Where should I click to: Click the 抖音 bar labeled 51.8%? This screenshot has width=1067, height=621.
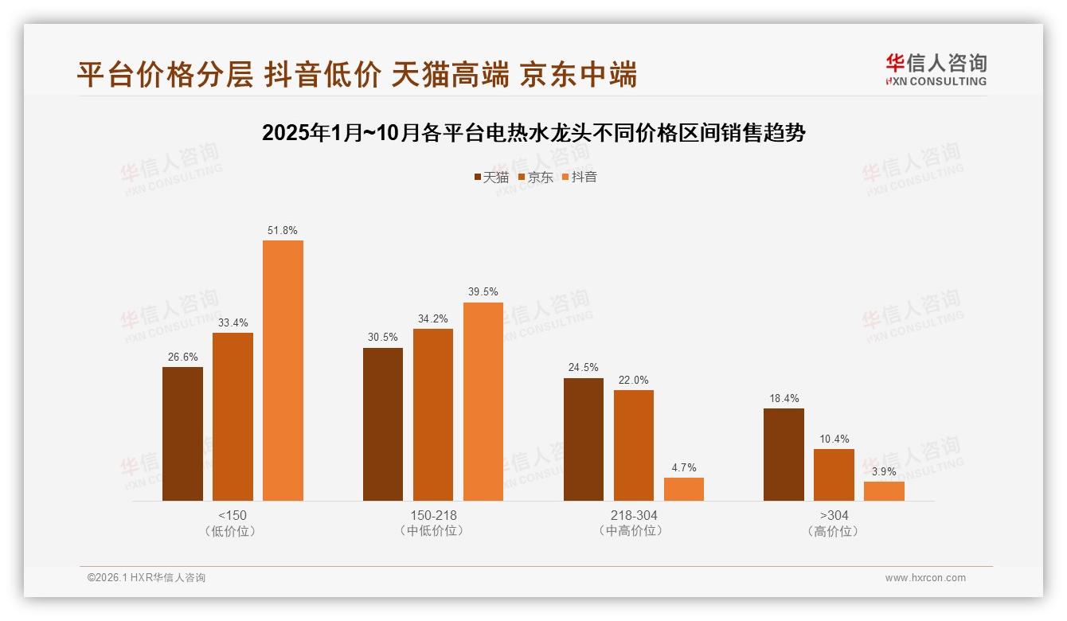coord(283,370)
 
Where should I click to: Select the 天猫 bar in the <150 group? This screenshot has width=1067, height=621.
coord(182,434)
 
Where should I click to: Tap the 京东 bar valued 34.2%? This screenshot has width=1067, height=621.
coord(432,415)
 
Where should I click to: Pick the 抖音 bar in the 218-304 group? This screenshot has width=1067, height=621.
coord(684,489)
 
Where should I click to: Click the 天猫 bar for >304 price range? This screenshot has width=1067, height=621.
coord(784,455)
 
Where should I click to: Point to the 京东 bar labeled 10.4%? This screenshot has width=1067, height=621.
coord(834,475)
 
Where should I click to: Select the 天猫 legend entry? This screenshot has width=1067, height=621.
coord(491,178)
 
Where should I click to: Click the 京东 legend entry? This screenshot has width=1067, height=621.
coord(536,178)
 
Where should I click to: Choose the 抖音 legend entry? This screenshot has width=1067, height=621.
coord(580,178)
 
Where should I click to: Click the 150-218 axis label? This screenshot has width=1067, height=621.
coord(432,516)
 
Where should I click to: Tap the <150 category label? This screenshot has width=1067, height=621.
coord(232,516)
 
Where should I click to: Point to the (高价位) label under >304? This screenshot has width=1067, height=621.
coord(833,531)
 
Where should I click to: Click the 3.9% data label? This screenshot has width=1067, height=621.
coord(884,471)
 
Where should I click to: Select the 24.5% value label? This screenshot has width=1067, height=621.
coord(584,368)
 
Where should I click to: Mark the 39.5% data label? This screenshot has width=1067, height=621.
coord(483,292)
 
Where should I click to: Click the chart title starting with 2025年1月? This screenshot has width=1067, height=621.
coord(533,133)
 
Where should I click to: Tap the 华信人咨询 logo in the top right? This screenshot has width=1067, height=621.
coord(936,69)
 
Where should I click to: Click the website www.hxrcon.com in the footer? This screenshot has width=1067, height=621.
coord(925,578)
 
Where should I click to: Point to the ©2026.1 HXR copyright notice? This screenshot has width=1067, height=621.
coord(147,578)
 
